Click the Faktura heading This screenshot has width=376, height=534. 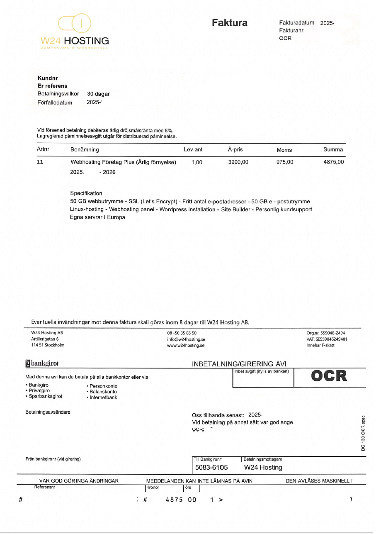(x=229, y=23)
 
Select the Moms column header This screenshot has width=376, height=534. (x=284, y=150)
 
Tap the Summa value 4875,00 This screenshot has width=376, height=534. (x=333, y=162)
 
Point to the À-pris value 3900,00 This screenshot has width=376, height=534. (x=238, y=162)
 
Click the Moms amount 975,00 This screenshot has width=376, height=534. (x=284, y=162)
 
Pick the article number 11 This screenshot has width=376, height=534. (x=40, y=162)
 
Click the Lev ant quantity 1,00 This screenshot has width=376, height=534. (x=197, y=162)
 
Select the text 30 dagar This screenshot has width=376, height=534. (x=98, y=94)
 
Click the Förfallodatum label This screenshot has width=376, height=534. (x=55, y=102)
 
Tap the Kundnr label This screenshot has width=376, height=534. (x=47, y=78)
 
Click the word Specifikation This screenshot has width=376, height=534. (x=86, y=193)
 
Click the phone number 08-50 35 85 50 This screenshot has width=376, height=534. (x=182, y=333)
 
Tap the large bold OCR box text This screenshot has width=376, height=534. (x=329, y=376)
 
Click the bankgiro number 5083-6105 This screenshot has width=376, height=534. (x=211, y=468)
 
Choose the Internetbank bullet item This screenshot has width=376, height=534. (x=103, y=397)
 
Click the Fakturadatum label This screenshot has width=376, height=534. (x=296, y=23)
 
